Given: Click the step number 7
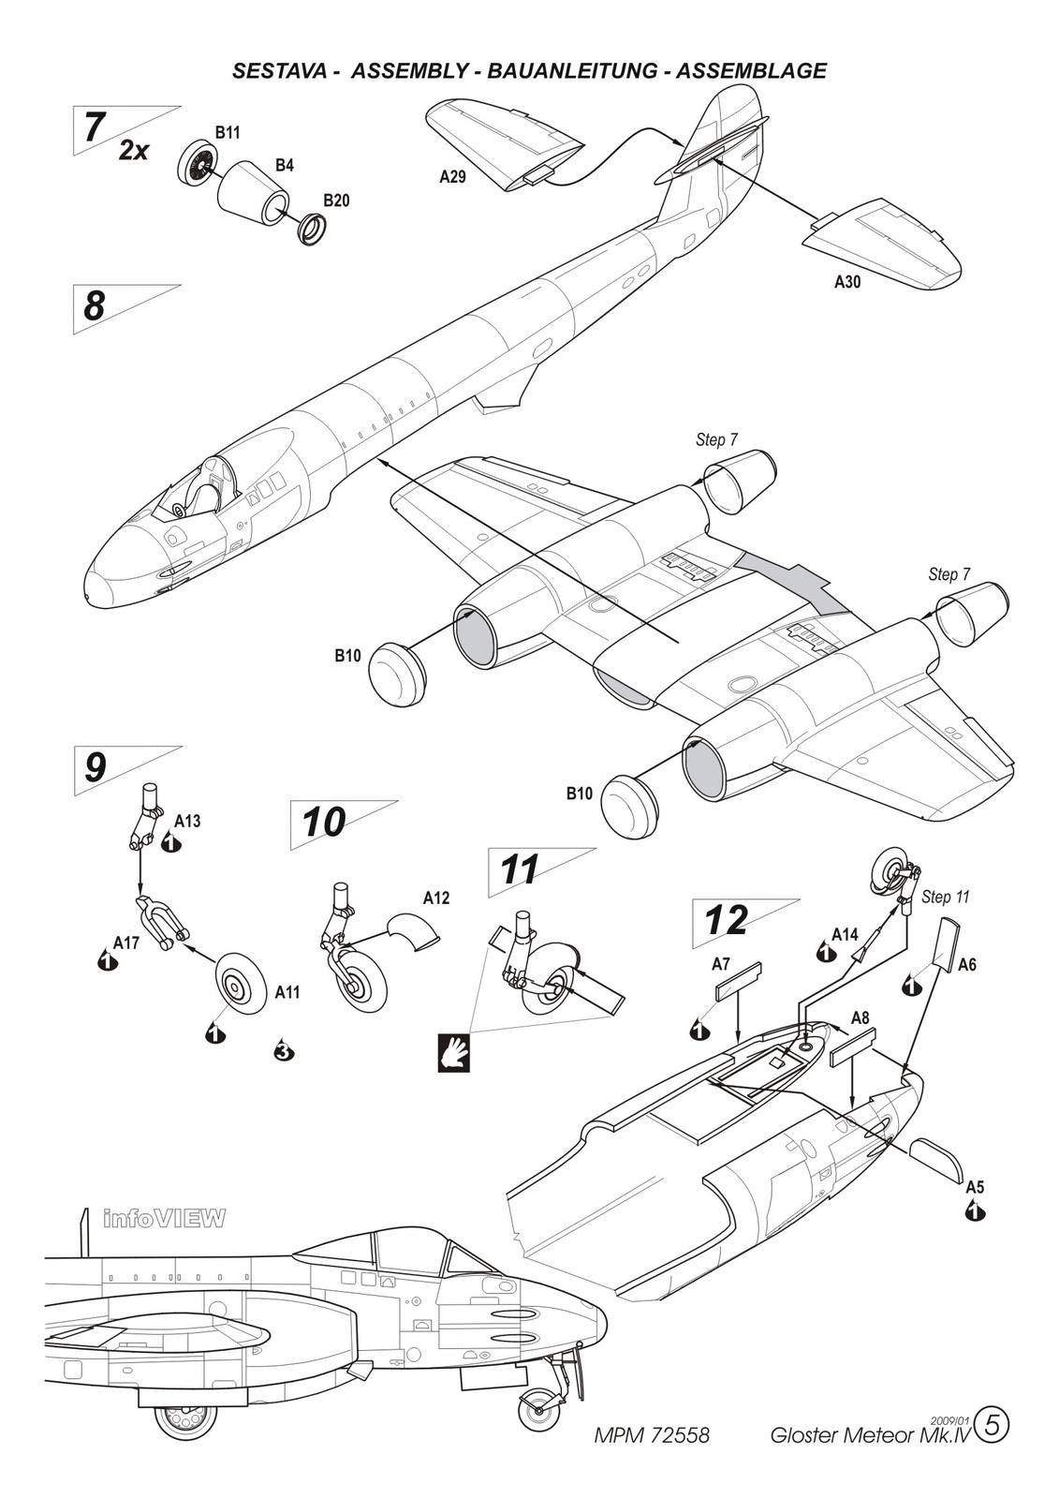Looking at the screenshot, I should point(93,127).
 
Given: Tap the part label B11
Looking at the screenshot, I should point(228,133).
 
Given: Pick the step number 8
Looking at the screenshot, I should point(94,306).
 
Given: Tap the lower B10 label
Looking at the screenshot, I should point(580,794).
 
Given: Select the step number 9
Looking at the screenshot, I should point(95,768).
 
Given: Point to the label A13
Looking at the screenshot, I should point(187,821).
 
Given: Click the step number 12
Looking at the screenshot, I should point(727,921).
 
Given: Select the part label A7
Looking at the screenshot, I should point(721,963).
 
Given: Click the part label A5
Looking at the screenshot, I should point(975,1187).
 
